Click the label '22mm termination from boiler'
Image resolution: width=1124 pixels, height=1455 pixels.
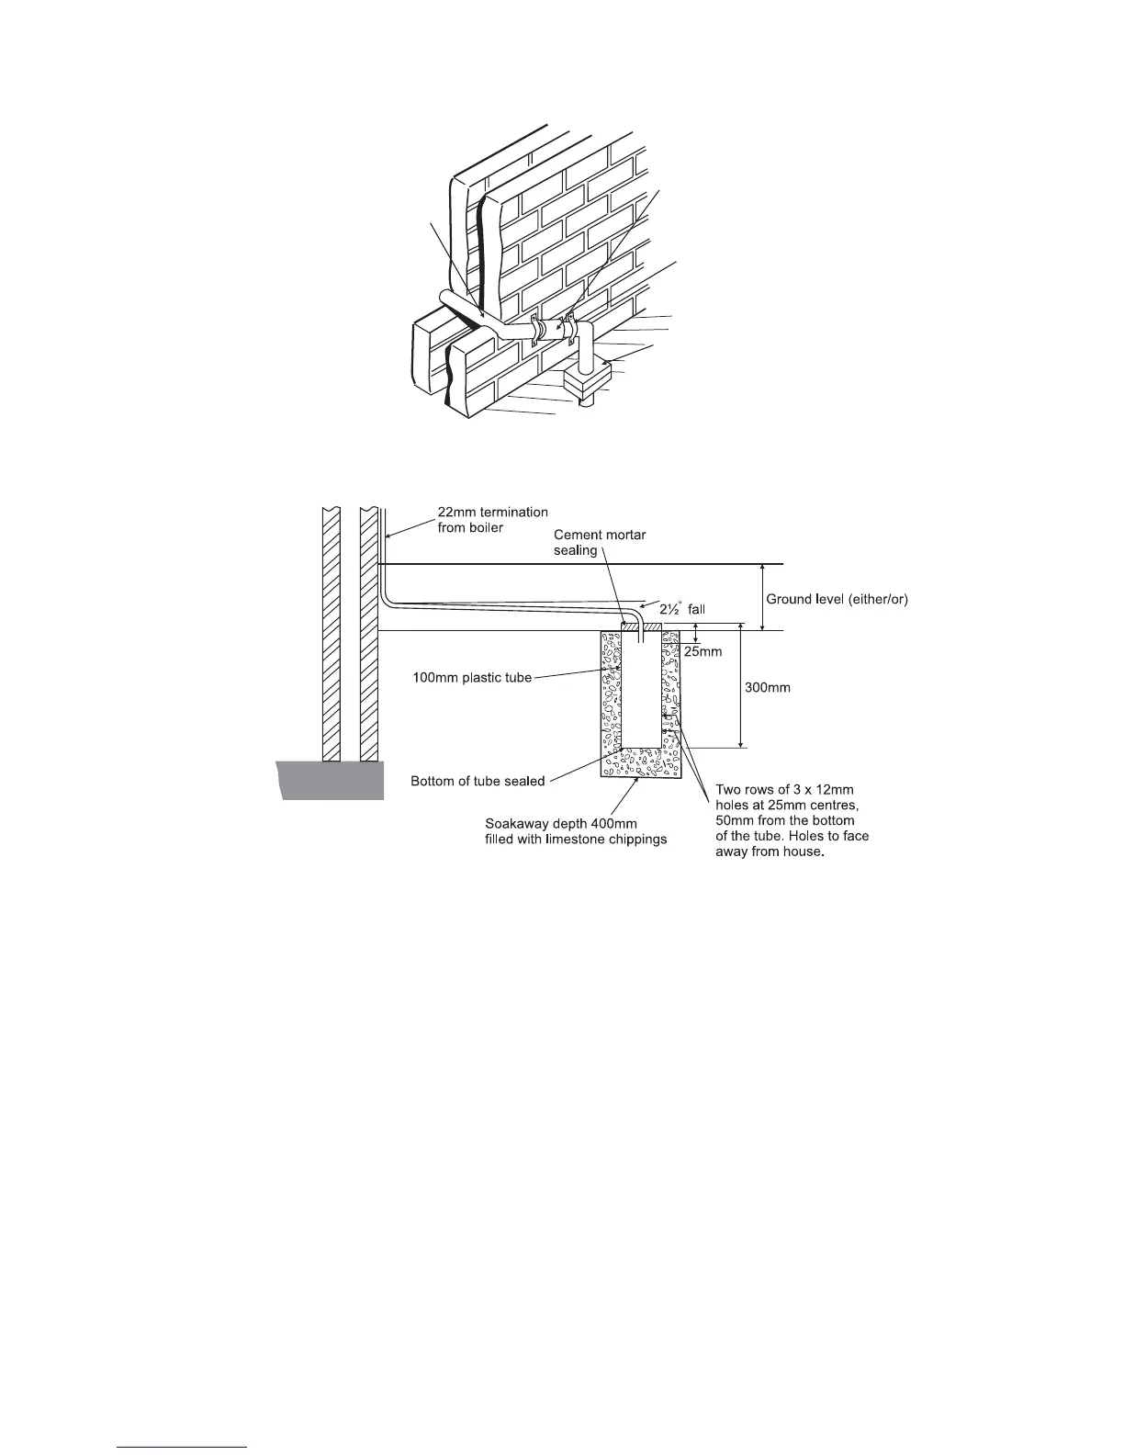[492, 520]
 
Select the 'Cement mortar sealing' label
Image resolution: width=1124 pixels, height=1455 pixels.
[600, 542]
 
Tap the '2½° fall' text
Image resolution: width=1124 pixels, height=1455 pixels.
[682, 608]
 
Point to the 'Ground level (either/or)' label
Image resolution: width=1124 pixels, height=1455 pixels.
[837, 599]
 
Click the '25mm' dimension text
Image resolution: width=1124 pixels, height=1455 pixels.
[704, 651]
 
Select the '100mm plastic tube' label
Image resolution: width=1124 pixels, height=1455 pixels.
[471, 678]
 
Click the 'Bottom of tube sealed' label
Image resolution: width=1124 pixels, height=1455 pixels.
[478, 782]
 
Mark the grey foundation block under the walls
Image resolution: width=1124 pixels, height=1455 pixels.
[332, 780]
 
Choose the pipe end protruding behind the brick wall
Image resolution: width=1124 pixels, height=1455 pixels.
[447, 299]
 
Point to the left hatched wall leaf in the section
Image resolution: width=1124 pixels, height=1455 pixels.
[331, 634]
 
